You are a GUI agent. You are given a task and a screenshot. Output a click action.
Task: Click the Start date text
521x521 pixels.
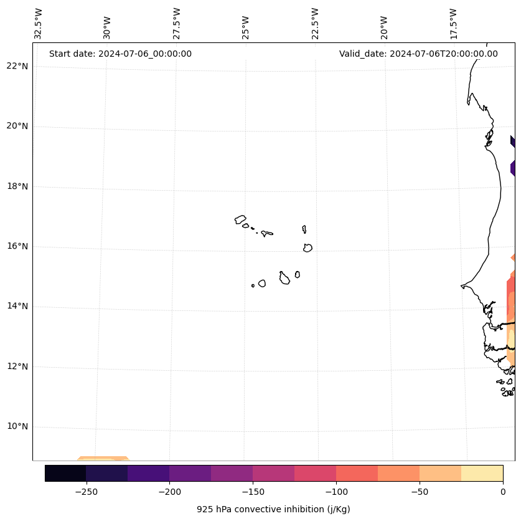(x=120, y=54)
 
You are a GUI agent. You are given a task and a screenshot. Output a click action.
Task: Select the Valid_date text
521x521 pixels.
(x=418, y=54)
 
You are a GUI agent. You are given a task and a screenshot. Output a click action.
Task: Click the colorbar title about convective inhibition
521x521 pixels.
(x=273, y=509)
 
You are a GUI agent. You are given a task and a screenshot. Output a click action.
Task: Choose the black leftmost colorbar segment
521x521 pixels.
(x=65, y=473)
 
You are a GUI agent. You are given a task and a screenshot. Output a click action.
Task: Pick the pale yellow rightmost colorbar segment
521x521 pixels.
(x=482, y=473)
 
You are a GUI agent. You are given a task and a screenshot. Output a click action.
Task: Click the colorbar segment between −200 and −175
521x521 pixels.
(x=190, y=473)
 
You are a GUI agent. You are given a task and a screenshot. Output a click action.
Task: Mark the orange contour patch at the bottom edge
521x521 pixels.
(x=103, y=459)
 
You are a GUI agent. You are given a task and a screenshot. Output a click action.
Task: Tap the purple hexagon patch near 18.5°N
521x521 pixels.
(x=512, y=168)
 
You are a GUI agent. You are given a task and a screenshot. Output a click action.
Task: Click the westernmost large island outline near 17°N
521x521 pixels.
(x=240, y=219)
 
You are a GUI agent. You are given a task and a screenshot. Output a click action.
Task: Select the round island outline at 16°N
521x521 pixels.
(x=307, y=247)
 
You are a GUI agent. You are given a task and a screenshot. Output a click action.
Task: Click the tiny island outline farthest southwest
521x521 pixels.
(x=253, y=285)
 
